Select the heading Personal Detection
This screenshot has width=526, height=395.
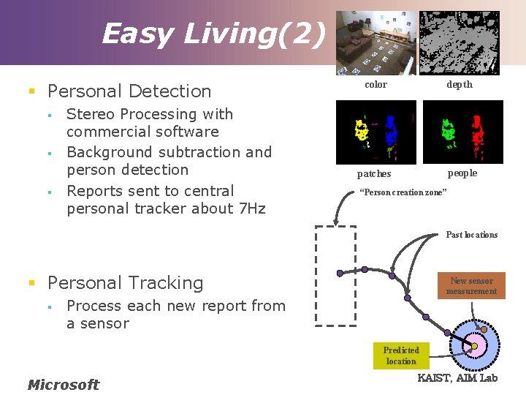click(x=129, y=91)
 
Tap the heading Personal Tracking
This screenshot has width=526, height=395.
click(x=125, y=283)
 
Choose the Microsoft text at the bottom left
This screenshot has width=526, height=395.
click(x=63, y=384)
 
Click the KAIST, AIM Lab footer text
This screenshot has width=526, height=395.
click(x=457, y=377)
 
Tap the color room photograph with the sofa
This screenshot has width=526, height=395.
click(x=376, y=42)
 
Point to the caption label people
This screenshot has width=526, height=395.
click(x=462, y=173)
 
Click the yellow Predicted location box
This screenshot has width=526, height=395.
click(x=401, y=355)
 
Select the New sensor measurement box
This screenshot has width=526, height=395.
click(x=471, y=286)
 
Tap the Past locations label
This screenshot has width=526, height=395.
click(x=471, y=235)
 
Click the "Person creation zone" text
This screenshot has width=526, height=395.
click(x=403, y=192)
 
